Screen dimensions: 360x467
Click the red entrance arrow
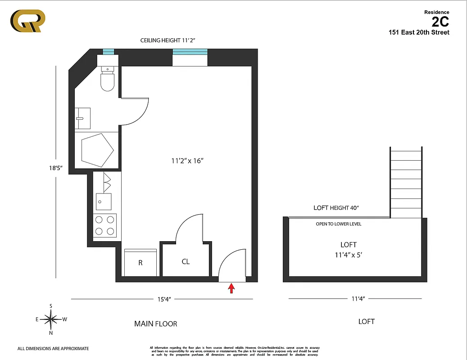(x=231, y=288)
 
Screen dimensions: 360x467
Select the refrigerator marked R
(x=140, y=263)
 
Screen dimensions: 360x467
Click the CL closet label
(x=186, y=261)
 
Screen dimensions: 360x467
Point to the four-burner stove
(x=105, y=225)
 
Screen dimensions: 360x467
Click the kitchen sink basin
(x=104, y=202)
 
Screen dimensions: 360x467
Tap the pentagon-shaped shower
(x=96, y=149)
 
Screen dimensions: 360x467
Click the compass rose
(x=51, y=319)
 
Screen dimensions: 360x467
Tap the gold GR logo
(x=27, y=21)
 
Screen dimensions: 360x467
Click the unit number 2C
(x=440, y=22)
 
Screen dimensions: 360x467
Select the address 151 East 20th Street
(x=419, y=32)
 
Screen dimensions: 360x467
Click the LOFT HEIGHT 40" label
(x=336, y=208)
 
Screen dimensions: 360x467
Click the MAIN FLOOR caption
(x=155, y=324)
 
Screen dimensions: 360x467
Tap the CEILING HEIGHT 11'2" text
(x=168, y=40)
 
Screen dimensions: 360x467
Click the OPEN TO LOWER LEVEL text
(x=338, y=224)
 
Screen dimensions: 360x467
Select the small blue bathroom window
(x=108, y=51)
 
